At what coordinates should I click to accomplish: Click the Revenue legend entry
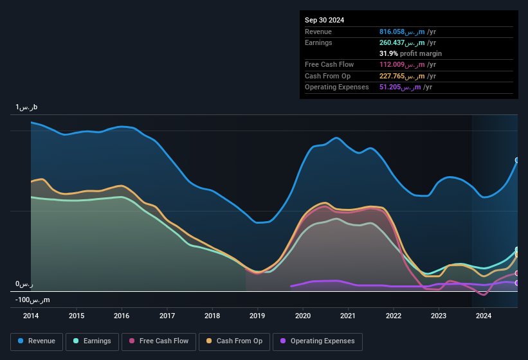pyautogui.click(x=37, y=341)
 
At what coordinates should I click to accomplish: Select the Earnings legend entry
pyautogui.click(x=93, y=341)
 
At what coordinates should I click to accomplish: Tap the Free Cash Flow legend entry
pyautogui.click(x=159, y=341)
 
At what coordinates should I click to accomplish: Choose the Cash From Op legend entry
pyautogui.click(x=235, y=341)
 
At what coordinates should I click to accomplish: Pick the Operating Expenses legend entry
pyautogui.click(x=318, y=341)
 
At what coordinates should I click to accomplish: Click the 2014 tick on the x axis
pyautogui.click(x=31, y=316)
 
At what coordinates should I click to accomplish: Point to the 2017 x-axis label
pyautogui.click(x=167, y=316)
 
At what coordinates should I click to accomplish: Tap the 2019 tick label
pyautogui.click(x=257, y=316)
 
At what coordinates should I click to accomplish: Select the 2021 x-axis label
pyautogui.click(x=348, y=316)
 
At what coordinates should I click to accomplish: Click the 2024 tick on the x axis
pyautogui.click(x=484, y=316)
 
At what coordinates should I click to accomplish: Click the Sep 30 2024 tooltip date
pyautogui.click(x=325, y=20)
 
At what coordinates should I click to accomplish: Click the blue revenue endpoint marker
pyautogui.click(x=517, y=160)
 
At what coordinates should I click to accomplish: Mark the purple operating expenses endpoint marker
pyautogui.click(x=517, y=283)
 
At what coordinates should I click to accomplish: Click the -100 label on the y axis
pyautogui.click(x=33, y=300)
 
